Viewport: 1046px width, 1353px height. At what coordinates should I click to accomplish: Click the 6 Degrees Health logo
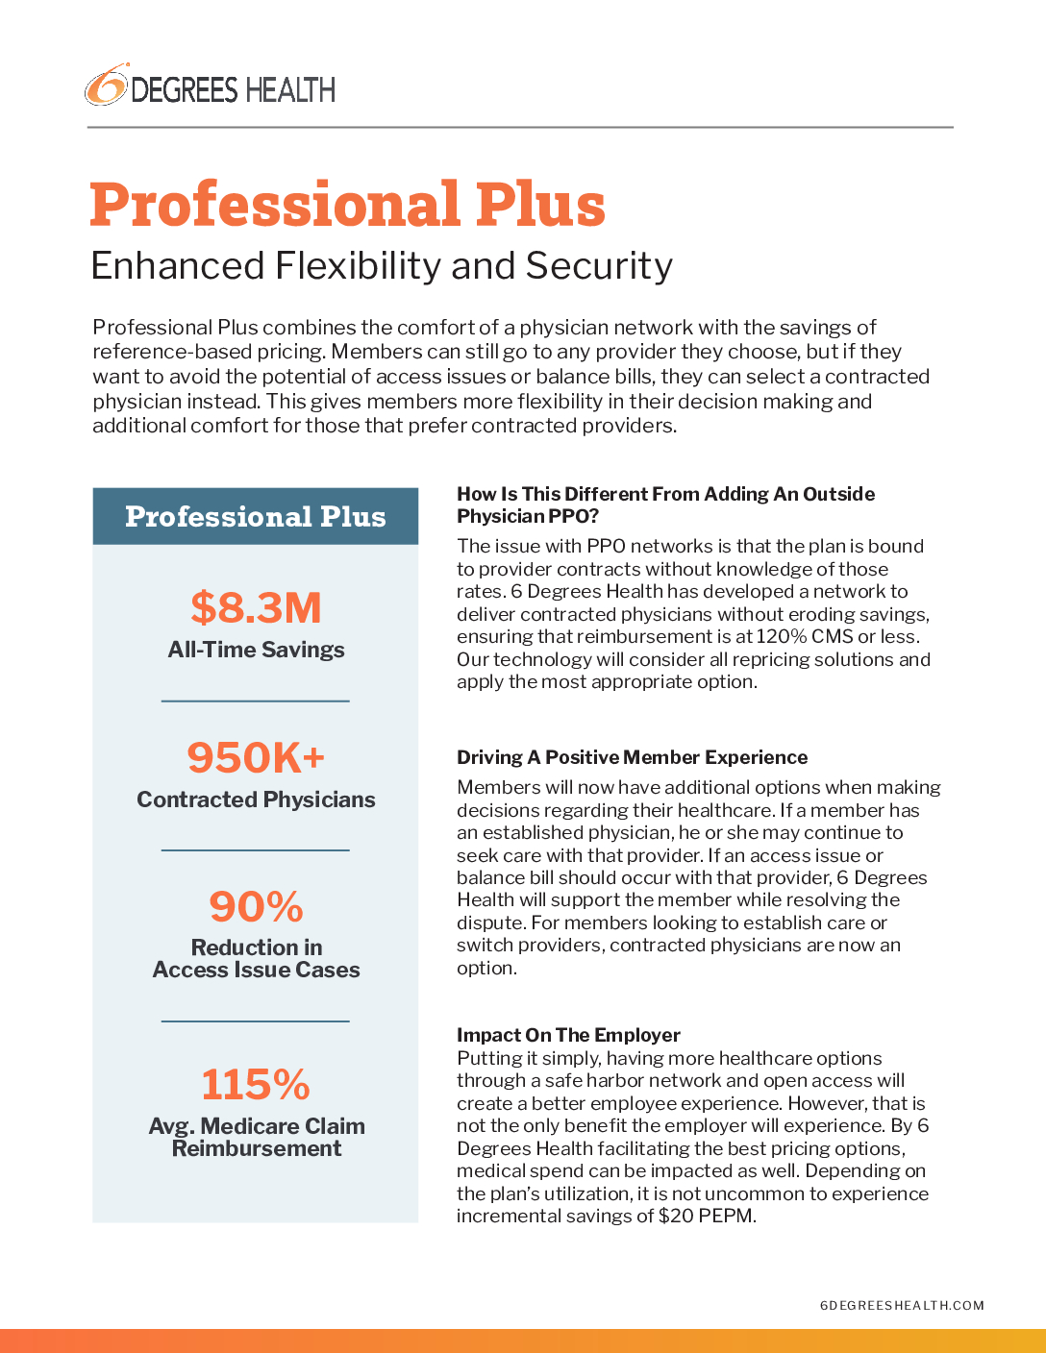pos(210,87)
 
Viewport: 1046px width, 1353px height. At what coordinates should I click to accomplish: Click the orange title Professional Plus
pos(347,205)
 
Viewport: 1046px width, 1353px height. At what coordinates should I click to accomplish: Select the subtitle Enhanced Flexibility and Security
pos(382,265)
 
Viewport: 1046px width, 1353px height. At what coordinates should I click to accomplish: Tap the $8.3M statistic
pos(256,607)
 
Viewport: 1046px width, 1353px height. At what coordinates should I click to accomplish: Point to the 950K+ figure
pos(256,757)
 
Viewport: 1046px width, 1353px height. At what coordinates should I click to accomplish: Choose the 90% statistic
pos(256,906)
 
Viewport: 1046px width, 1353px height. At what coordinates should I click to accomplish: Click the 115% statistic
pos(256,1084)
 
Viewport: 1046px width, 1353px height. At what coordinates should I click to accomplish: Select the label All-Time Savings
pos(256,650)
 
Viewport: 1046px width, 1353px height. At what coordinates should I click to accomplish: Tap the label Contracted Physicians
pos(256,799)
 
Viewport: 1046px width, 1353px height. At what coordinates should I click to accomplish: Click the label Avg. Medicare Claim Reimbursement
pos(256,1137)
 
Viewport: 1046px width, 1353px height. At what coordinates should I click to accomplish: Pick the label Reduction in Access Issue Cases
pos(256,959)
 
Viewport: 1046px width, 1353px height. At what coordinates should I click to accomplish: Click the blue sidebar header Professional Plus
pos(256,517)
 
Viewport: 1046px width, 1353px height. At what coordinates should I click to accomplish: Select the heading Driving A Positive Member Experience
pos(632,757)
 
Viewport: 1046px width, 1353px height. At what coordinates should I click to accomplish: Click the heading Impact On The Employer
pos(568,1035)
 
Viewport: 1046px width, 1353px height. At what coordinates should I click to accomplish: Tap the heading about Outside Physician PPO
pos(665,504)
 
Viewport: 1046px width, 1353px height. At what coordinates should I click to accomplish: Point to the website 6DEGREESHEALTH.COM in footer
pos(902,1305)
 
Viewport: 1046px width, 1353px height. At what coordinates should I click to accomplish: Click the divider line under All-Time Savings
pos(256,701)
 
